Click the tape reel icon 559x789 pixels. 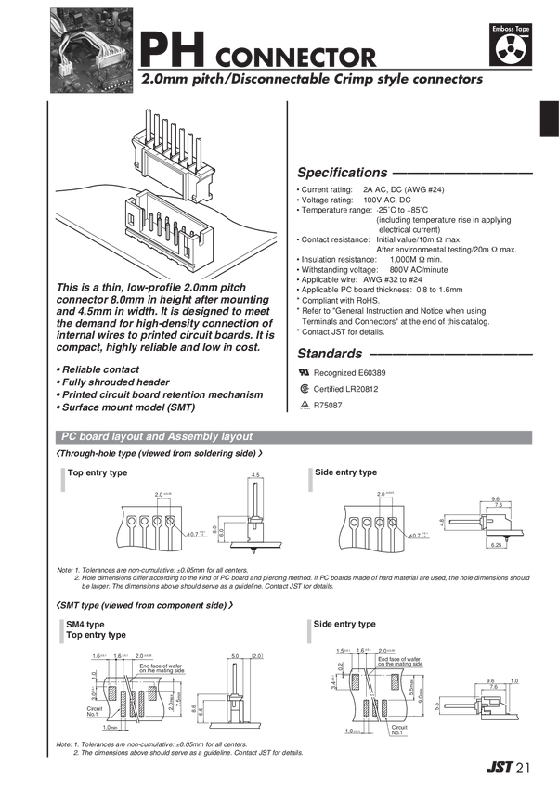coord(513,50)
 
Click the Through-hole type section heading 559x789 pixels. coord(158,454)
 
